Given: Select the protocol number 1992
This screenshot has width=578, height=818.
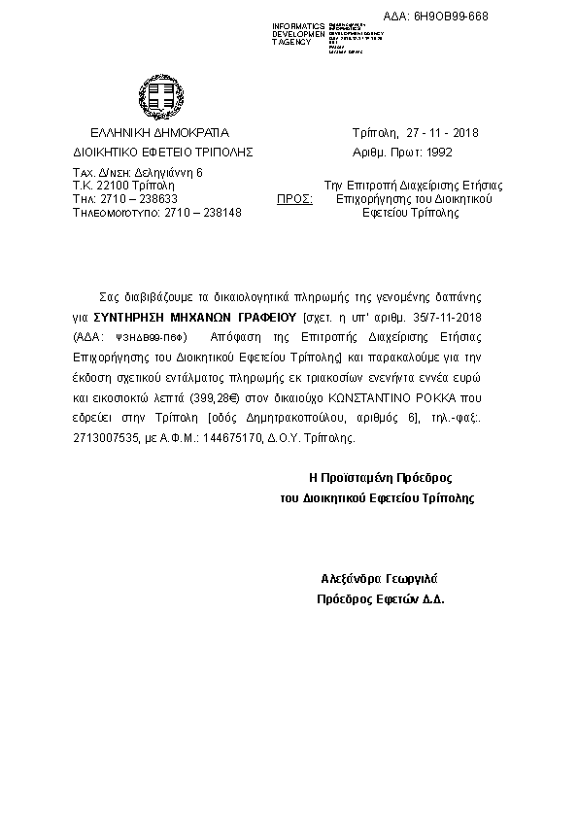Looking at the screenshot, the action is [x=439, y=153].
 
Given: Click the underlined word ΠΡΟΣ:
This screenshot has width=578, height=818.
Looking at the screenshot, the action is [x=294, y=197].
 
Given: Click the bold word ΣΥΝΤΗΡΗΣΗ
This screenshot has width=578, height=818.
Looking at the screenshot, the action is [x=133, y=317].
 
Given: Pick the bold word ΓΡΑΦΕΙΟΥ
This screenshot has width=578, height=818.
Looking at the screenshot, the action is [x=262, y=317].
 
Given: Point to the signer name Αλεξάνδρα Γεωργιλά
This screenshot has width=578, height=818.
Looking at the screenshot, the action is [x=381, y=578].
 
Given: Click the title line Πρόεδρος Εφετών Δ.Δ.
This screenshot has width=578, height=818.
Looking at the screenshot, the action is [x=381, y=599].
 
